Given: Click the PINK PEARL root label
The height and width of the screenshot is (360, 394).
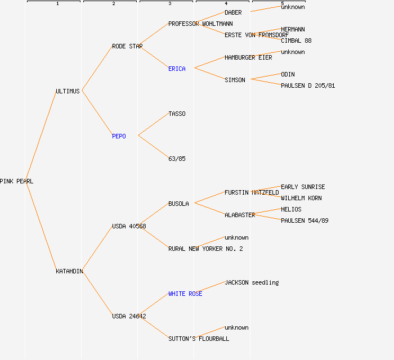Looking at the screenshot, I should pyautogui.click(x=16, y=181).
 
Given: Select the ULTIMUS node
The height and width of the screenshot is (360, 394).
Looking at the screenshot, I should pyautogui.click(x=68, y=91).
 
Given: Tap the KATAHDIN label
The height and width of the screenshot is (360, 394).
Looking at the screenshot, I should pyautogui.click(x=69, y=271).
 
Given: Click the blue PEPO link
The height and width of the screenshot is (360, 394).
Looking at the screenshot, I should pyautogui.click(x=119, y=136).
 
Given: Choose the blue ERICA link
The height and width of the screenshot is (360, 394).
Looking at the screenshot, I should pyautogui.click(x=177, y=69).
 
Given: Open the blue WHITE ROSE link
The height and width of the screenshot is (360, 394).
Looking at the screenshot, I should pyautogui.click(x=185, y=294).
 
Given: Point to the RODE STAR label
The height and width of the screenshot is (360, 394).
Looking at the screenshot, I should pyautogui.click(x=127, y=46).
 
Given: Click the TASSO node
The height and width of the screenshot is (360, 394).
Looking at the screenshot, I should pyautogui.click(x=177, y=114).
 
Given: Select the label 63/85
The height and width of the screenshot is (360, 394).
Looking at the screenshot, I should pyautogui.click(x=177, y=159).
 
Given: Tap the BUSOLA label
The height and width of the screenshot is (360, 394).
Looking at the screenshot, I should pyautogui.click(x=178, y=204).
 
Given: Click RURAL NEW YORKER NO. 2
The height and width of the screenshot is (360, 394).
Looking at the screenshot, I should pyautogui.click(x=205, y=249).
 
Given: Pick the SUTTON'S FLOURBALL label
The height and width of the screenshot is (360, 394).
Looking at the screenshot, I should pyautogui.click(x=199, y=339).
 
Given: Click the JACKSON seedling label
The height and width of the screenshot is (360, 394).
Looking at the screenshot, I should pyautogui.click(x=252, y=282).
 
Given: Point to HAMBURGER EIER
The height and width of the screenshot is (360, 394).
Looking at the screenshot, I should pyautogui.click(x=248, y=57).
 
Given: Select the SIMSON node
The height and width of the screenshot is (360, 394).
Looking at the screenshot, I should pyautogui.click(x=235, y=80).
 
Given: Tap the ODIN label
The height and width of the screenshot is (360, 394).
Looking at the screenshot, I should pyautogui.click(x=288, y=74).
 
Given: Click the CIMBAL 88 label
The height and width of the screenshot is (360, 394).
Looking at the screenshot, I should pyautogui.click(x=296, y=40).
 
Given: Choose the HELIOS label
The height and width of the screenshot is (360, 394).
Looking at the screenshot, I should pyautogui.click(x=291, y=209).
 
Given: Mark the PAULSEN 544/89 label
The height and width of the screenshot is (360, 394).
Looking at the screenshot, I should pyautogui.click(x=305, y=220).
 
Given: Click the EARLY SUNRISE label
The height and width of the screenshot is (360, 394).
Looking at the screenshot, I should pyautogui.click(x=303, y=187).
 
